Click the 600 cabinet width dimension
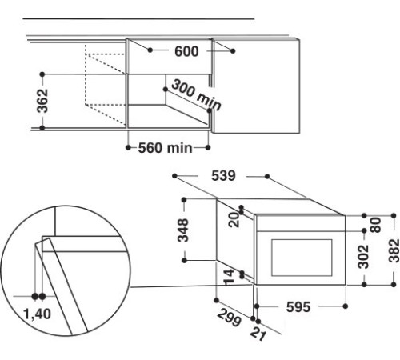click(186, 51)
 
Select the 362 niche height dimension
click(42, 101)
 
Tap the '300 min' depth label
click(196, 95)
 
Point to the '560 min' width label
click(165, 148)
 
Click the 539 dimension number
click(223, 176)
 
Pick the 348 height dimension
click(183, 230)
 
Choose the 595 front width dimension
click(298, 306)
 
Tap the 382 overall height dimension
click(394, 250)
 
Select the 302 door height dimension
click(363, 257)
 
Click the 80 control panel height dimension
click(375, 225)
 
